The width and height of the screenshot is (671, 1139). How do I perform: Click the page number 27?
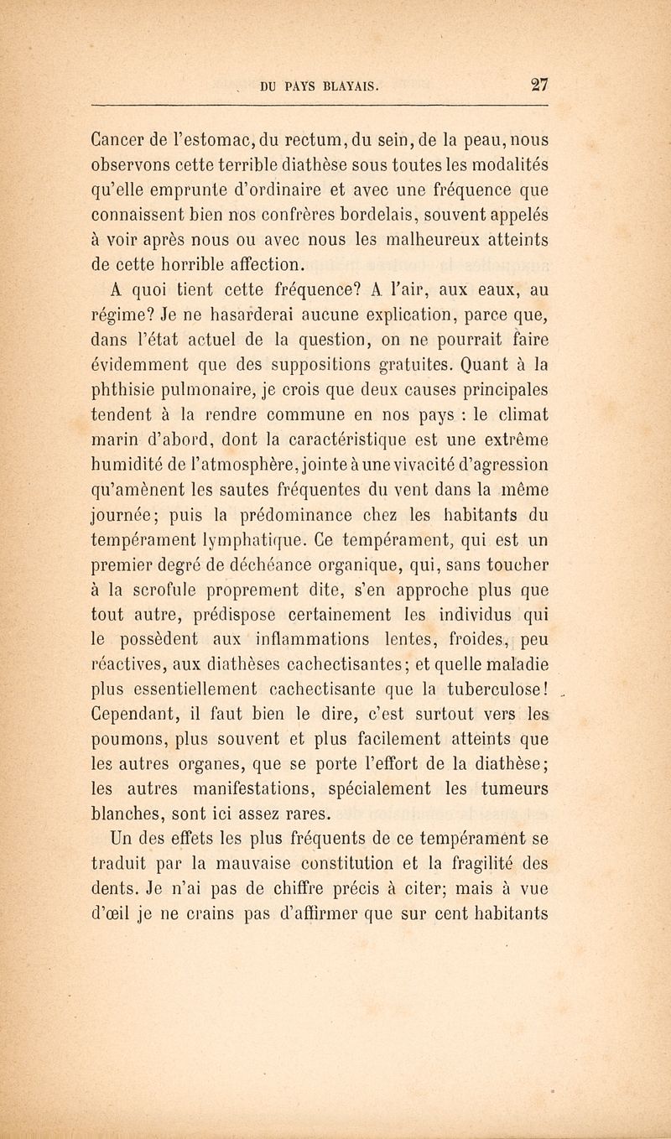pyautogui.click(x=536, y=83)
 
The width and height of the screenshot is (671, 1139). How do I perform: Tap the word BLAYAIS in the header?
pyautogui.click(x=346, y=84)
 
